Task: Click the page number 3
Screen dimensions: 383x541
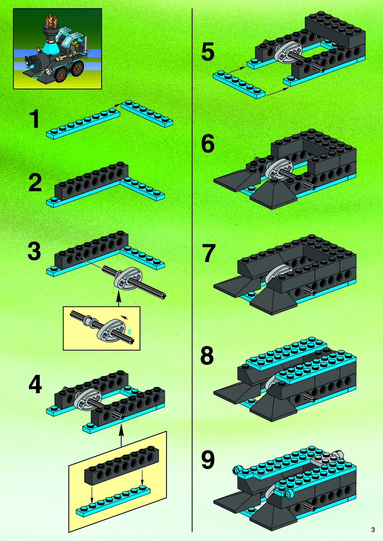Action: click(x=373, y=529)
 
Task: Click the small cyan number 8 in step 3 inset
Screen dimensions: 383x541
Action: click(x=129, y=331)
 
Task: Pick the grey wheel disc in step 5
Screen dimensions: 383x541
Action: click(x=287, y=51)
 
